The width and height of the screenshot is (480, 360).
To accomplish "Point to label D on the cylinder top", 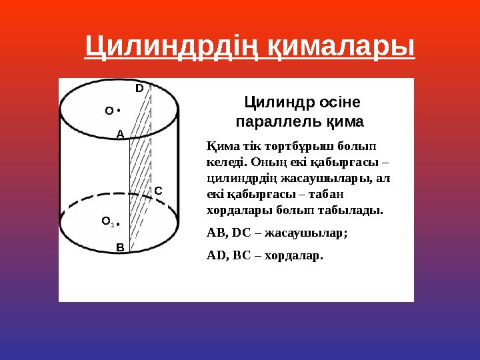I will (139, 88).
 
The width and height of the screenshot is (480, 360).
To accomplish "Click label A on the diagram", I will (120, 133).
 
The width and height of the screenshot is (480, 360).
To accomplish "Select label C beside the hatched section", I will (158, 191).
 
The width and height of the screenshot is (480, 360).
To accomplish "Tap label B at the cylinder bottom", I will (120, 247).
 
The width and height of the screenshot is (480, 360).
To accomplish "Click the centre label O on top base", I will (109, 111).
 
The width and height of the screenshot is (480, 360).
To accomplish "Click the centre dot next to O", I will (118, 109).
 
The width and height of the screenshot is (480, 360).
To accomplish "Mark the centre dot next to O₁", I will (118, 222).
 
